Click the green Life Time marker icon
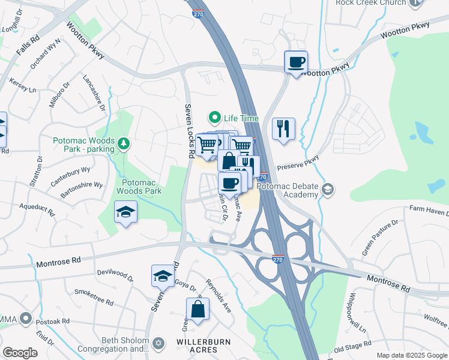point(213,118)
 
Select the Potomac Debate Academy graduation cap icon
point(327,190)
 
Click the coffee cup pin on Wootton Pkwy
point(296,62)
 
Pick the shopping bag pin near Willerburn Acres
point(197,310)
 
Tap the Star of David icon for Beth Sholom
point(158,344)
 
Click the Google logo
point(20,353)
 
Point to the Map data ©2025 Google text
point(411,355)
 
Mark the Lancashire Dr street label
point(95,94)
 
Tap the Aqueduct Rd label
point(37,213)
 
